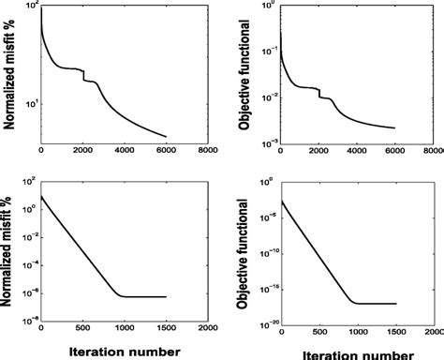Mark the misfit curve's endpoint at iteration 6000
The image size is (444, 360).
166,137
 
